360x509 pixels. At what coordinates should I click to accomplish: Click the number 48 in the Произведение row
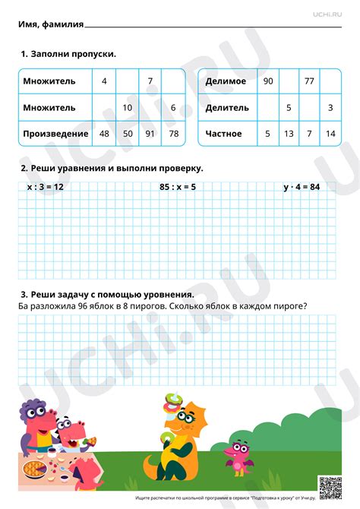click(104, 134)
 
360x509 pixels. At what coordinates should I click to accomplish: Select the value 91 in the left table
click(150, 134)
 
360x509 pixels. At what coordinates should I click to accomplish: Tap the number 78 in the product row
click(174, 134)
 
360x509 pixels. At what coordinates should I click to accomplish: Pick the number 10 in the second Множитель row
click(128, 107)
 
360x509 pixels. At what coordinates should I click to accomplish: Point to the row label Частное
click(223, 134)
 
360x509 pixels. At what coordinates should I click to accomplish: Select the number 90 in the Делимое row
click(267, 81)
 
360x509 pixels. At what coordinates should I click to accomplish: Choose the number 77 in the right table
click(309, 81)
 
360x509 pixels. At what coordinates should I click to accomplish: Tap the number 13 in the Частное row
click(289, 134)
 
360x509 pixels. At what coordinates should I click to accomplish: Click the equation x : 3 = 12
click(45, 186)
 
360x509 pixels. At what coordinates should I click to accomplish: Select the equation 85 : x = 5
click(178, 186)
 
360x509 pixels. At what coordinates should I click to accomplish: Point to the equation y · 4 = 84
click(302, 186)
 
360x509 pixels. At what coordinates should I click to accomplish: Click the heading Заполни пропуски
click(72, 54)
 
